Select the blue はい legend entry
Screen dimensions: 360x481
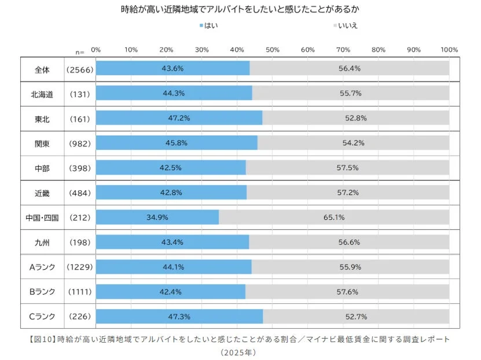pos(208,25)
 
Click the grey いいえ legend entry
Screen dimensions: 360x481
pos(347,25)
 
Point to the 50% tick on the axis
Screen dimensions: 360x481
pos(273,49)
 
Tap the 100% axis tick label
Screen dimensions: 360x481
pos(449,49)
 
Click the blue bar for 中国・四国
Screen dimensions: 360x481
pos(157,218)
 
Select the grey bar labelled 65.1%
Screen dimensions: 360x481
pos(334,218)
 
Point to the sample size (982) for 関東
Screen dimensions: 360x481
pos(80,143)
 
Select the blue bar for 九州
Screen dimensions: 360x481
pos(172,242)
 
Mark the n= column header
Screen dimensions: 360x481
pos(80,52)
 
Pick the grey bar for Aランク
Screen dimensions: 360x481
pos(350,267)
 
